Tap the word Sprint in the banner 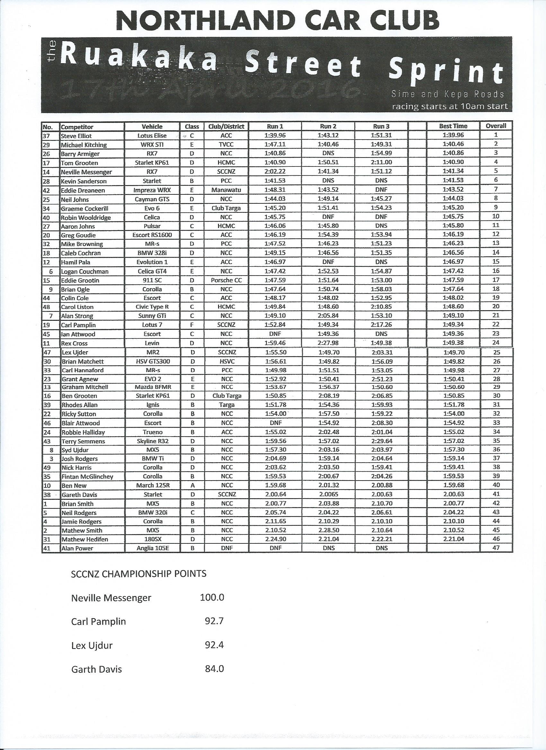coord(445,71)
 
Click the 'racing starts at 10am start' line coord(449,107)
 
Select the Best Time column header coord(453,126)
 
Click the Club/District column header coord(226,126)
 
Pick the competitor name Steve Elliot coord(76,136)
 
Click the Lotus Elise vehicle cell coord(152,136)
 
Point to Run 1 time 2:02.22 coord(275,171)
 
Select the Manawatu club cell coord(226,190)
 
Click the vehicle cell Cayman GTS coord(152,199)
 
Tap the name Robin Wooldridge coord(86,217)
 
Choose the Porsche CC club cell coord(226,280)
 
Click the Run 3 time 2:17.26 coord(382,325)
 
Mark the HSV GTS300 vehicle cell coord(153,362)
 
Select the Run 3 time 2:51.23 coord(382,379)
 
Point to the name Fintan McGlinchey coord(87,476)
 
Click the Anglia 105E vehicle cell coord(153,548)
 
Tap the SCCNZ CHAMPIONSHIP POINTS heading coord(139,574)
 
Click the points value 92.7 coord(214,621)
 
